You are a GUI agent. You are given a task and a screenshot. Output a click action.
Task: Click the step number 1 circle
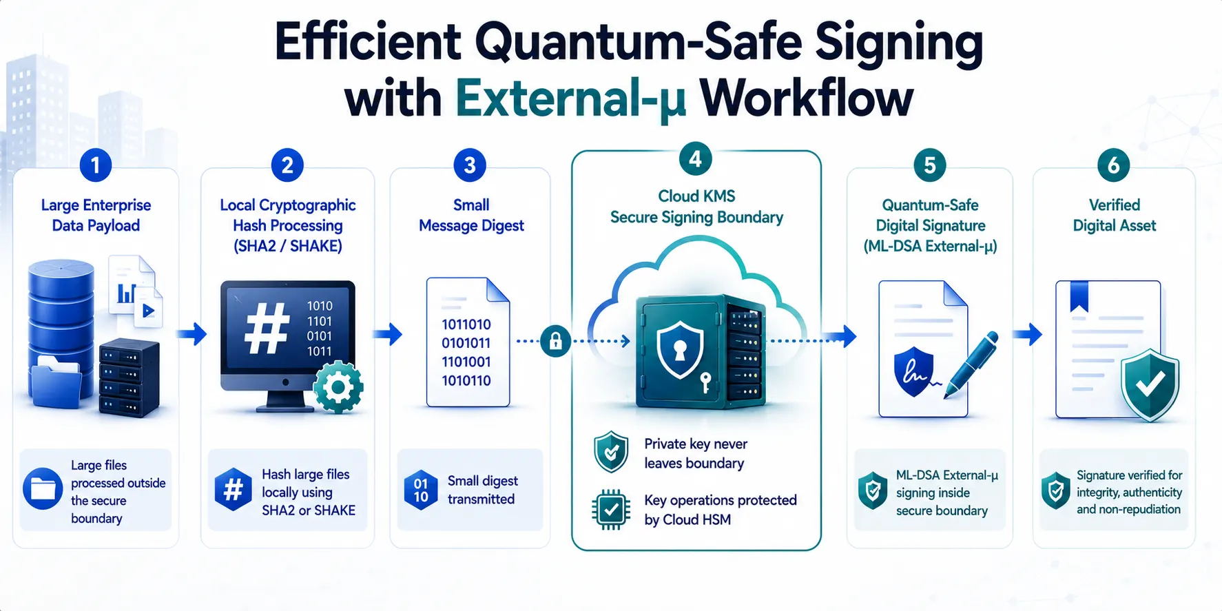point(96,165)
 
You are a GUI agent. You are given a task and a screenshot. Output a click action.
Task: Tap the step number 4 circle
point(695,159)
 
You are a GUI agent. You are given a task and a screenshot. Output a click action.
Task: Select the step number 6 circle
point(1113,165)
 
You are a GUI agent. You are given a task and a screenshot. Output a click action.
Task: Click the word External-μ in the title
point(571,99)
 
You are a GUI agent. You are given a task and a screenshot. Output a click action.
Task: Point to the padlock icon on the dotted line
point(555,340)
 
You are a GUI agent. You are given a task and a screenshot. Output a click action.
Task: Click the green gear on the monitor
point(338,387)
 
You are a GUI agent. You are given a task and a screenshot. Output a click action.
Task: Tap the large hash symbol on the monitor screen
point(267,329)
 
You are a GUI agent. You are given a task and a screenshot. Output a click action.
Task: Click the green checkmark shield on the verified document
point(1150,385)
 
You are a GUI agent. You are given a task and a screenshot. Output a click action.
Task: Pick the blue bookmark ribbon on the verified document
point(1079,296)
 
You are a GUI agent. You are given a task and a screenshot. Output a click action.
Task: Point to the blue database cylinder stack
point(61,331)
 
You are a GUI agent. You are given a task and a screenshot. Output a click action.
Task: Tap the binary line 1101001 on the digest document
point(466,362)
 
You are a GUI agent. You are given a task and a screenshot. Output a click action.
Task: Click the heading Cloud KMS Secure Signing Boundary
point(696,207)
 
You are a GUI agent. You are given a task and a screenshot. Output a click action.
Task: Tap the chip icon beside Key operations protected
point(611,510)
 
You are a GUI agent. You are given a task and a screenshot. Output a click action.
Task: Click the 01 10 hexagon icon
point(421,490)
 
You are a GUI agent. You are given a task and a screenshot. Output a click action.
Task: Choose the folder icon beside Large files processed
point(43,489)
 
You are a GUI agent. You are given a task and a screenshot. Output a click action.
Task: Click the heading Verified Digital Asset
point(1115,215)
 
